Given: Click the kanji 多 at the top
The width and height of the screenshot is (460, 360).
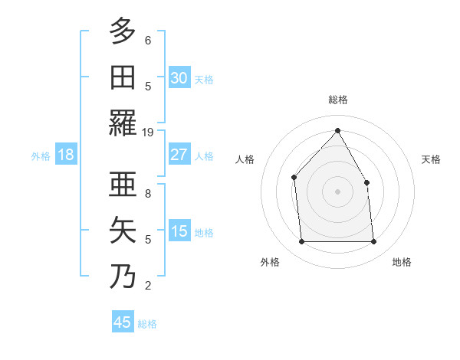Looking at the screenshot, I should [123, 32].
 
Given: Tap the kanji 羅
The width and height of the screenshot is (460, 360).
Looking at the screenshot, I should [123, 123].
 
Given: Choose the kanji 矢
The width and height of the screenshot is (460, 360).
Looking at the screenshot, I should [123, 231].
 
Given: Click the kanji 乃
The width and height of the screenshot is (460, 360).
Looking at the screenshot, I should [123, 277].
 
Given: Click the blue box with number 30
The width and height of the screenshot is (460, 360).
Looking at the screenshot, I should [179, 78].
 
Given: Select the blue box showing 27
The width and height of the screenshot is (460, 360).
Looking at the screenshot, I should [179, 155].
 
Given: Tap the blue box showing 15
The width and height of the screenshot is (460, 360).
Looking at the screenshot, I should [179, 231].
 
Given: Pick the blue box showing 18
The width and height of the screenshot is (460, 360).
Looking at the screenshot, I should [66, 155].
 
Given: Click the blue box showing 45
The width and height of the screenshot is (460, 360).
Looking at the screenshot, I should [123, 322].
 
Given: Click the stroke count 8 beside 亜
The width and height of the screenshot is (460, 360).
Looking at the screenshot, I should [148, 194].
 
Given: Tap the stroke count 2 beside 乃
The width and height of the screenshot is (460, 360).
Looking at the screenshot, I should [148, 286].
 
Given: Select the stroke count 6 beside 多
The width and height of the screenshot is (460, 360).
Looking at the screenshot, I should [148, 41].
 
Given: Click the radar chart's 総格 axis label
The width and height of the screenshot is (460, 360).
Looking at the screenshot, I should [338, 100].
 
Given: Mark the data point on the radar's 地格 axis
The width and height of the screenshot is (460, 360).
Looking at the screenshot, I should [373, 242].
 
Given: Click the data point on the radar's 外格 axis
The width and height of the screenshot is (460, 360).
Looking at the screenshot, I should [301, 242].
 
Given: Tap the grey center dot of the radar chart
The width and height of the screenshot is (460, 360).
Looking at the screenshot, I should [337, 191].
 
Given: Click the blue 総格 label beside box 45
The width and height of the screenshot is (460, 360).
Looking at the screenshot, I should [147, 324].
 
